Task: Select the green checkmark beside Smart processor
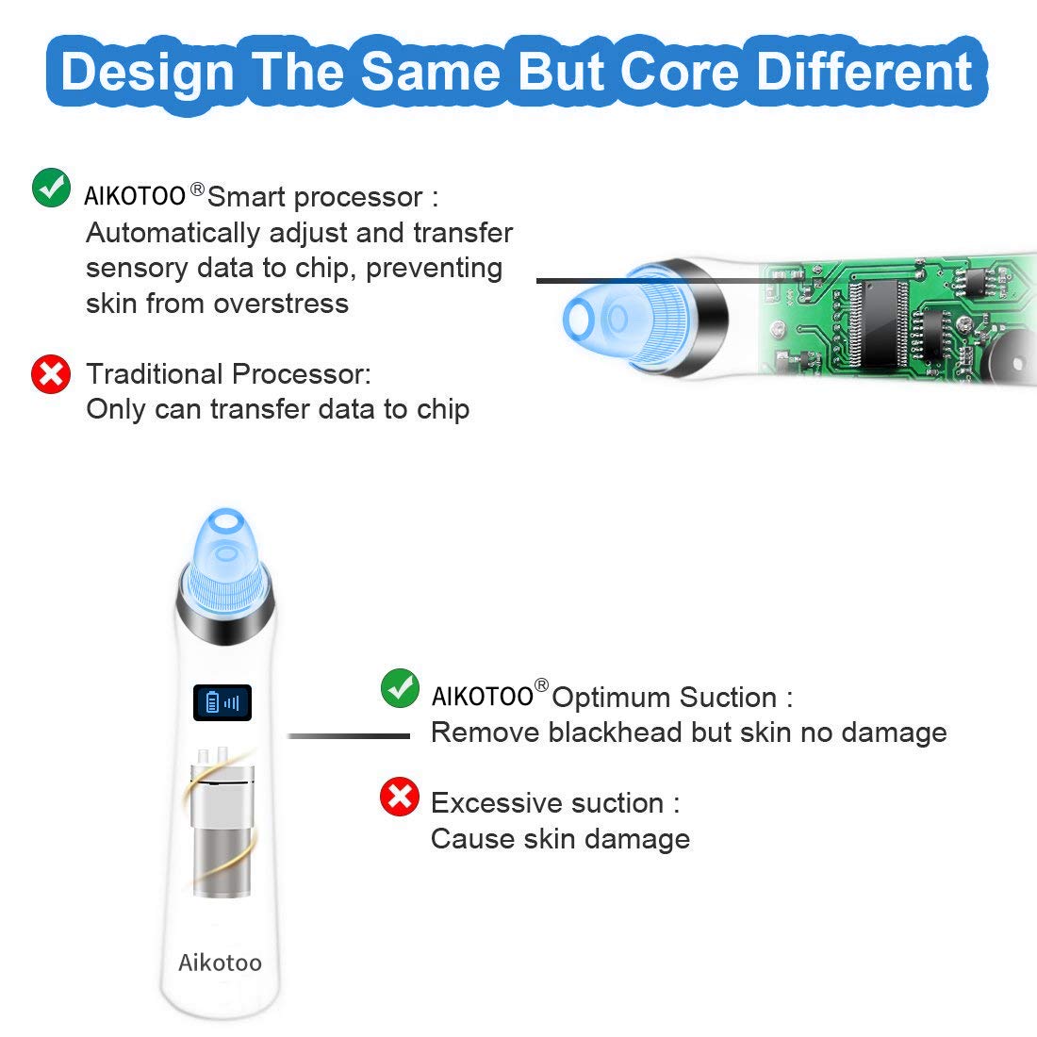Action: click(51, 188)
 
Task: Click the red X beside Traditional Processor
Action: click(51, 373)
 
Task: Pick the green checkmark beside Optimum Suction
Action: click(400, 688)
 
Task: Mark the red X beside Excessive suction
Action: click(400, 797)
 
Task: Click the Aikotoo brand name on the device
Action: click(220, 963)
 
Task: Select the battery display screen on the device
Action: click(222, 702)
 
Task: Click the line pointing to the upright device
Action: click(349, 735)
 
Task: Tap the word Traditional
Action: click(155, 373)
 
